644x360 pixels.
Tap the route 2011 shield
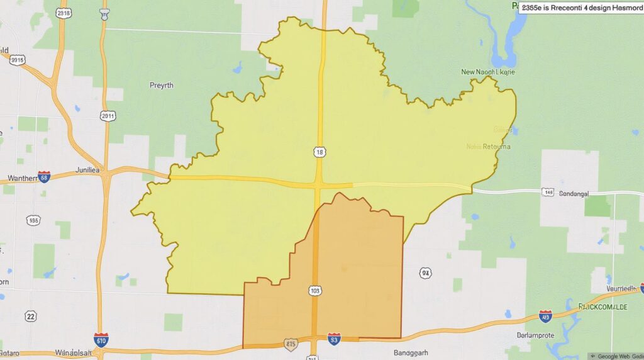pos(108,116)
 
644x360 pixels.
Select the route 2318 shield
pos(62,13)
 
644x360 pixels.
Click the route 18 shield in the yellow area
pos(319,152)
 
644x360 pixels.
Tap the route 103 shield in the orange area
pos(316,290)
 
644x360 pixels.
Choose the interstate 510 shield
pos(101,340)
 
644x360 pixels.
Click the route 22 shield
pos(31,316)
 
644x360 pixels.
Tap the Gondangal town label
pos(574,194)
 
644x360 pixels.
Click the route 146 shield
pos(548,192)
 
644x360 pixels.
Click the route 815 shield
pos(291,344)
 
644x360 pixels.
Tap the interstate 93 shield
pos(334,339)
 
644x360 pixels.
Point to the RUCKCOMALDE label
pos(602,307)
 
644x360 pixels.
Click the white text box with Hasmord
pos(580,8)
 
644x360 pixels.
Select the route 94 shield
pos(426,273)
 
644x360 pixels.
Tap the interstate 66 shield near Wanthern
pos(44,177)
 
